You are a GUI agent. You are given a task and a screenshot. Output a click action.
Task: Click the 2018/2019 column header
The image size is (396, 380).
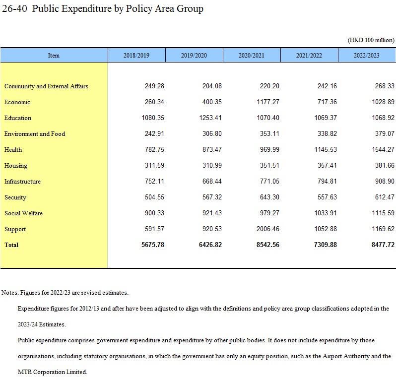click(x=136, y=55)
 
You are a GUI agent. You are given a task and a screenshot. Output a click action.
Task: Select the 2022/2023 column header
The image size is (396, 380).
click(x=366, y=55)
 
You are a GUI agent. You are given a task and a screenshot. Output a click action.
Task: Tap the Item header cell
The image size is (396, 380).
click(x=54, y=55)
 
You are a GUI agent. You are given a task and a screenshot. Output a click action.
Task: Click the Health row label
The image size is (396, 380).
click(x=13, y=150)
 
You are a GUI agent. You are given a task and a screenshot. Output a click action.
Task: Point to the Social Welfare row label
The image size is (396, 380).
click(x=23, y=213)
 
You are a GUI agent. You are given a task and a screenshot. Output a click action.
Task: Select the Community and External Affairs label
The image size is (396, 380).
click(x=46, y=86)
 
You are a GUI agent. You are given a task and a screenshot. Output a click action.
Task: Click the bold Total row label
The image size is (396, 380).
click(x=11, y=245)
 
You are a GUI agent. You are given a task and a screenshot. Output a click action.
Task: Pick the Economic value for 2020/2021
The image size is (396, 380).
click(x=268, y=102)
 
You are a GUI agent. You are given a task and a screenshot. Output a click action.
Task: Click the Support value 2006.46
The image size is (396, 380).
click(x=268, y=229)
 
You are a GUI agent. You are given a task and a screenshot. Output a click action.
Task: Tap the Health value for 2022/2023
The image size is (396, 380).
click(x=383, y=149)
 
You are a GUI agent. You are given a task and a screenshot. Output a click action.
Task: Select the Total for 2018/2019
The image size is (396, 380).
click(x=153, y=245)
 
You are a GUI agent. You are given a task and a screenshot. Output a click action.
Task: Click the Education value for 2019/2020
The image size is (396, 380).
click(x=210, y=118)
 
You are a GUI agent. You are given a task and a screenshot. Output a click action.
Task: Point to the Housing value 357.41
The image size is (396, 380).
click(x=328, y=165)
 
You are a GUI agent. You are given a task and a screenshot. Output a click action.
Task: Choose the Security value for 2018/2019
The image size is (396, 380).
click(x=154, y=197)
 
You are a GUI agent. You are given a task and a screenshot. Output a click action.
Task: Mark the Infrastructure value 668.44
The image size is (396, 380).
click(x=212, y=181)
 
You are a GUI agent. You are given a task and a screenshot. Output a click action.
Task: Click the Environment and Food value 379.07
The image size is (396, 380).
click(x=385, y=133)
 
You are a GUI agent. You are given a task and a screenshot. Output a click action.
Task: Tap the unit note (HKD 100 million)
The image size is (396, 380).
click(x=371, y=40)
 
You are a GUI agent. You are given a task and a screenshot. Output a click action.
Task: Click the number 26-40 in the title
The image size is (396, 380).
click(x=14, y=8)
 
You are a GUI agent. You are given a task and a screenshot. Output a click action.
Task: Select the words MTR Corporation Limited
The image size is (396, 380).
click(x=52, y=372)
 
